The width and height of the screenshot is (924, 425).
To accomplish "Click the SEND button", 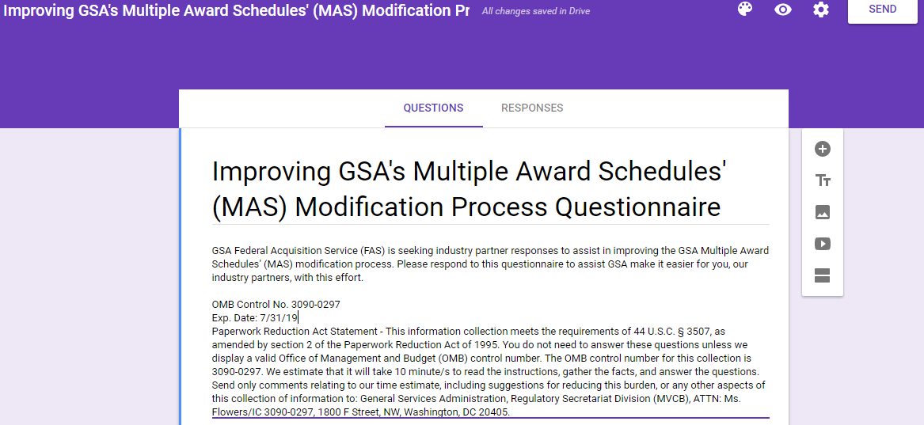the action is point(882,9).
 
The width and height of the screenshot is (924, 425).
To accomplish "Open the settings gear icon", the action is point(821,9).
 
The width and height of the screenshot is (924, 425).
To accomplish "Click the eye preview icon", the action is point(782,9).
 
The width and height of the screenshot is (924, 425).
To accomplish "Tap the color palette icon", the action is point(745,9).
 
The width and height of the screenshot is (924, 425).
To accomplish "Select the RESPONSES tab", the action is point(532,108).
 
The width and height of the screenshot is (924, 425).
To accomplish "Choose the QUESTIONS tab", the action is point(433,108).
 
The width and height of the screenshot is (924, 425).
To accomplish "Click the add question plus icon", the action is point(823,149).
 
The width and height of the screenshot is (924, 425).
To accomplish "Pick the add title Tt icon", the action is point(823,180).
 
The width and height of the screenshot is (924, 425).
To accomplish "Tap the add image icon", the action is point(823,212).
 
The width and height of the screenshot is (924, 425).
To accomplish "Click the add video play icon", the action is point(823,244).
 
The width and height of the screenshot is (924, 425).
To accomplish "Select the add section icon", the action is point(823,275).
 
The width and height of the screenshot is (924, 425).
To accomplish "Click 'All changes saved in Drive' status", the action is point(536,11).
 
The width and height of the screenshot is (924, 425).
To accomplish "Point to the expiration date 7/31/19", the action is point(279,318).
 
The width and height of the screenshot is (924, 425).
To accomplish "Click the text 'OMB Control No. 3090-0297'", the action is point(276,305).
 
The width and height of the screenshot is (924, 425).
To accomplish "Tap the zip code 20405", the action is point(494,412).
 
